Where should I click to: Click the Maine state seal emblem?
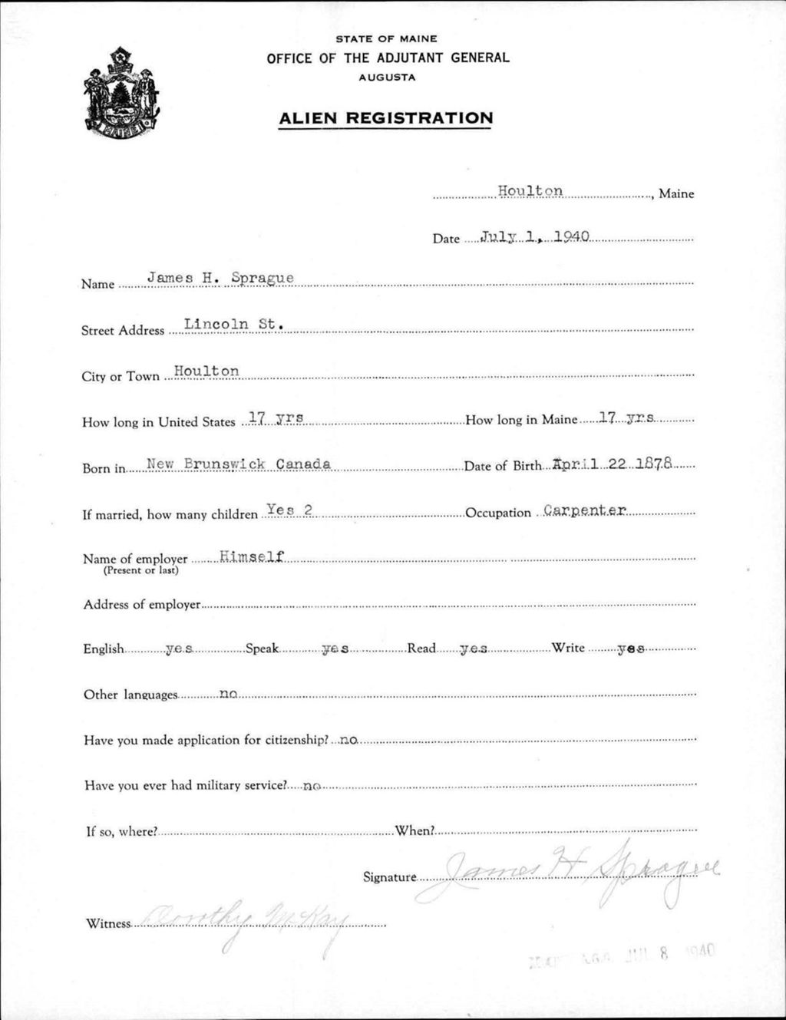(121, 94)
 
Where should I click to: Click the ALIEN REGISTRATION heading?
(385, 118)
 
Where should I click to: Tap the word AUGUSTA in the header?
(387, 78)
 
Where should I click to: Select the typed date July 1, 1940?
(534, 236)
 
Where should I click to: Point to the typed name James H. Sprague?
(220, 278)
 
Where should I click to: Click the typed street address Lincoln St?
(233, 325)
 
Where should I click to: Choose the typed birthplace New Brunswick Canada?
(239, 464)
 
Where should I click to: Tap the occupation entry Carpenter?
(585, 510)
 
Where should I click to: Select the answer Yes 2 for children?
(289, 509)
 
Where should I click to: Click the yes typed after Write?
(631, 649)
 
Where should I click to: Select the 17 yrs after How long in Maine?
(626, 418)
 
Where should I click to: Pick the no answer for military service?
(312, 786)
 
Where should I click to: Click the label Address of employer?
(142, 605)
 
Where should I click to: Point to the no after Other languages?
(228, 695)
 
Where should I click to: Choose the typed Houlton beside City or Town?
(206, 371)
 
